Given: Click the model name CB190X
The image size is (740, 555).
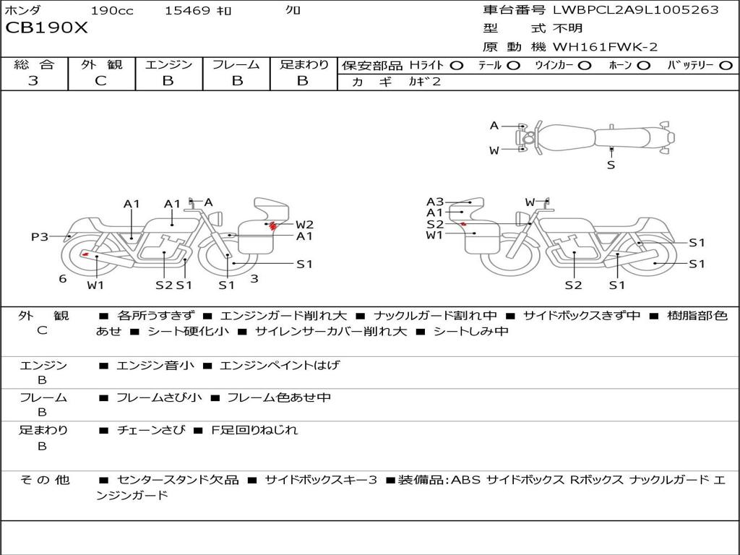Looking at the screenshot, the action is point(46,27).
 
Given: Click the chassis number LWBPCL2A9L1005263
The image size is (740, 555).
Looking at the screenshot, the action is point(636,9).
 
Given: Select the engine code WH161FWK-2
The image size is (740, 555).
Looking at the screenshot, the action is point(605,47).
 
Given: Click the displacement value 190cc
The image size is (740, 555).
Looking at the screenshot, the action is point(112,10).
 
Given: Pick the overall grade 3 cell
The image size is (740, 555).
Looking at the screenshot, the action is point(33,81).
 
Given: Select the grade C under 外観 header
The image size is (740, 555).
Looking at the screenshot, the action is point(101,81).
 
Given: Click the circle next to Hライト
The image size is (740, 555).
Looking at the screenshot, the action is point(457,66).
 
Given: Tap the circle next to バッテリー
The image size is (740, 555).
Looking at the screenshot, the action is point(726,66).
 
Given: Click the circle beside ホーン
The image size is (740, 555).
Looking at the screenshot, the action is point(644,66).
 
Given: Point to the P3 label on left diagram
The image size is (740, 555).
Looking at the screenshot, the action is point(40,236).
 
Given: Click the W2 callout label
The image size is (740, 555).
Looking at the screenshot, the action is point(304,224).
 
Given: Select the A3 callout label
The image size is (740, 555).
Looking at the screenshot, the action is point(435,202).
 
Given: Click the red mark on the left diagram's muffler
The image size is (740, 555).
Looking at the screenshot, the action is point(85,254).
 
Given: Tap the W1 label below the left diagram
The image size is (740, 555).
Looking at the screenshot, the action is point(95,285).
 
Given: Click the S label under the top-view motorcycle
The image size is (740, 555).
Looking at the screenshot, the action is point(611,165).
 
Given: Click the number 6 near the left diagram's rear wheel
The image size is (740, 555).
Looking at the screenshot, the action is point(63,279).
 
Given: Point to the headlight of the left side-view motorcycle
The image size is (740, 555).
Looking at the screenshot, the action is point(217,219).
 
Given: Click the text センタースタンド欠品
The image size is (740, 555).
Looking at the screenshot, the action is point(178,480).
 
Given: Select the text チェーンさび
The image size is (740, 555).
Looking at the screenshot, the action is point(151,430).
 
